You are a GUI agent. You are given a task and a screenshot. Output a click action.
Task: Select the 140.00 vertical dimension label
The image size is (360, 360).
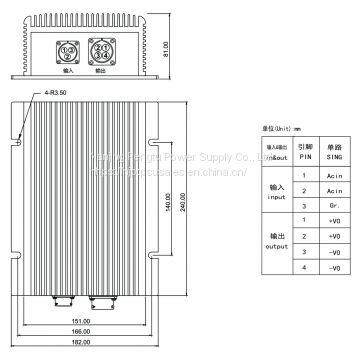point(186,200)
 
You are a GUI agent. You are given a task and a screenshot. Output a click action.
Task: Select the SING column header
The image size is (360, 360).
point(334,156)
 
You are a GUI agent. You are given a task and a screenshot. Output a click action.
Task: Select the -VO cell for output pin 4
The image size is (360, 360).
point(335,268)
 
